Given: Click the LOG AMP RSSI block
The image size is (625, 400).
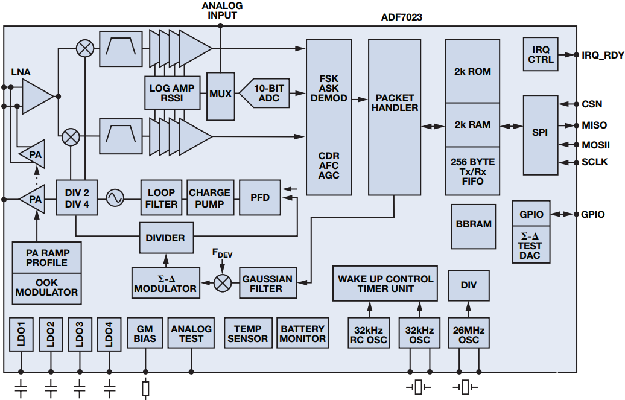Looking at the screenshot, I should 172,94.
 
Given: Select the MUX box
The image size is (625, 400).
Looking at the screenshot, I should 220,94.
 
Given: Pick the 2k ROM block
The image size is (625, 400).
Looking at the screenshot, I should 472,71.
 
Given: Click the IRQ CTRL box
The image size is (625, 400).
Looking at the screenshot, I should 541,54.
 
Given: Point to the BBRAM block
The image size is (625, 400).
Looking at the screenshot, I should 474,224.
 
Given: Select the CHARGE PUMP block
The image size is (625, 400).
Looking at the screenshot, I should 209,198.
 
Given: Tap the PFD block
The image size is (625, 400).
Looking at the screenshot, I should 260,198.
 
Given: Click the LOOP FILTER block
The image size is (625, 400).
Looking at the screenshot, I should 161,198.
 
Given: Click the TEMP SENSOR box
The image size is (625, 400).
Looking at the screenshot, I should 247,334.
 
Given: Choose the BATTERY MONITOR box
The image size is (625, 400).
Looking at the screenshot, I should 302,334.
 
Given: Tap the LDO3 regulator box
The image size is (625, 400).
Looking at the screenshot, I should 79,334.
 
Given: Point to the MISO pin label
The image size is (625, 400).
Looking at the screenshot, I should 594,125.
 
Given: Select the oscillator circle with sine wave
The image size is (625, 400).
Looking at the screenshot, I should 115,197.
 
